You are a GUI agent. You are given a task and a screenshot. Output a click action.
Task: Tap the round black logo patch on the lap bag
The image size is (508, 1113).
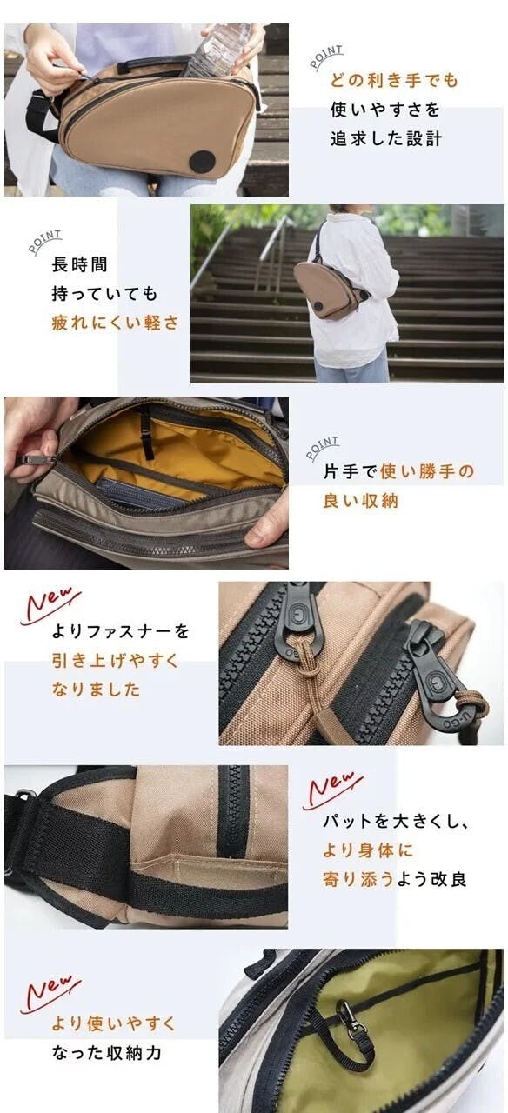point(203,161)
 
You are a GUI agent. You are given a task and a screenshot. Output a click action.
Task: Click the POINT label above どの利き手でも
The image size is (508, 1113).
point(326,57)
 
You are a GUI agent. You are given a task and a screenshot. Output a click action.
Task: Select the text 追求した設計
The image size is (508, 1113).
point(386,138)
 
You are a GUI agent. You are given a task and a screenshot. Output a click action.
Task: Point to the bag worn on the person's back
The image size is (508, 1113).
point(329,290)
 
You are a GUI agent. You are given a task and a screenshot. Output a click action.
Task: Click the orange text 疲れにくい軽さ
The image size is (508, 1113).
point(115,323)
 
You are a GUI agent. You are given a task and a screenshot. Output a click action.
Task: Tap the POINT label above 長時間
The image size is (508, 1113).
point(44,241)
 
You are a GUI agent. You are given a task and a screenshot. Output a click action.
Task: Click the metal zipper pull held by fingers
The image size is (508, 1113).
point(35,460)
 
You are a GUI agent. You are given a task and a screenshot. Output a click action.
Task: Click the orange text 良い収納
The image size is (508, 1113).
point(361,501)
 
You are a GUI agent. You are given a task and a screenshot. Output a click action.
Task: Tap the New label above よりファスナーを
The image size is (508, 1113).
point(50,604)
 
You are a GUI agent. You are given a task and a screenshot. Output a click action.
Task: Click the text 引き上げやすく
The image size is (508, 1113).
point(116,660)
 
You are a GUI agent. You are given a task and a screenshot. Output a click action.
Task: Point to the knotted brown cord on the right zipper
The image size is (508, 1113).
point(472,703)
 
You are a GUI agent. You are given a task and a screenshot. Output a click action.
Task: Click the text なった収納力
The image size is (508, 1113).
point(106,1052)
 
